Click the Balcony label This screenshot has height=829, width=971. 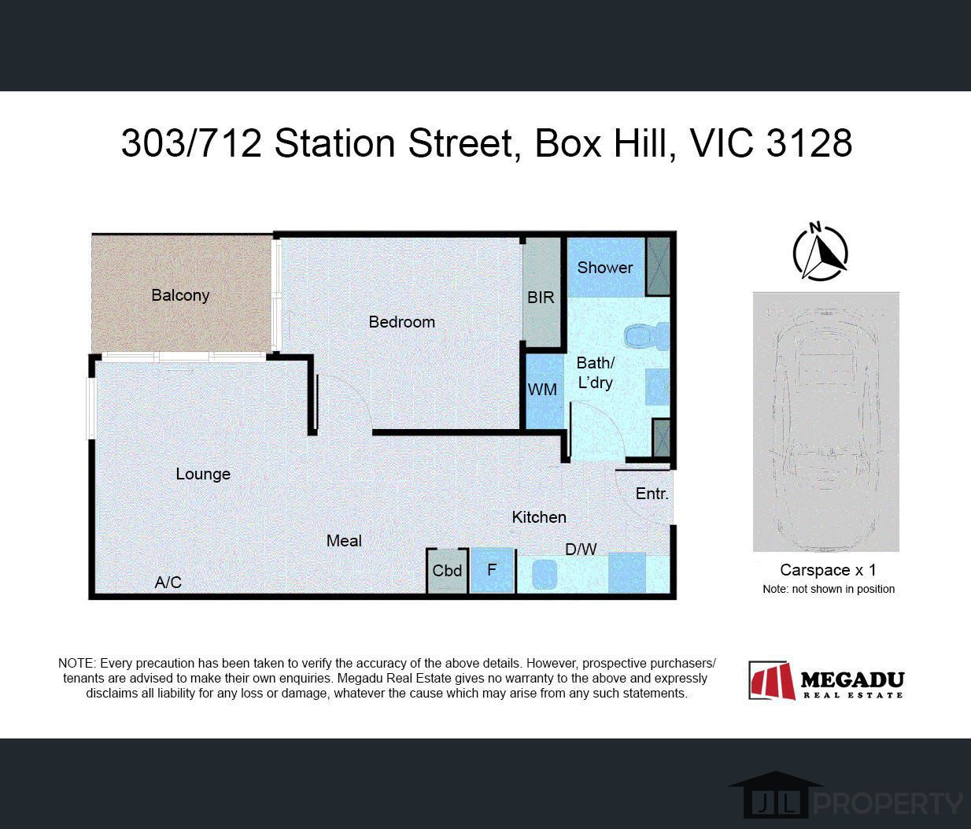click(x=180, y=295)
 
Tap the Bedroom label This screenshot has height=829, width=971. click(x=401, y=322)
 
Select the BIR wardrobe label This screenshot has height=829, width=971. click(x=541, y=298)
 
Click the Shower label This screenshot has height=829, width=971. click(x=604, y=268)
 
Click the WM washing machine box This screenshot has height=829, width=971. click(x=542, y=390)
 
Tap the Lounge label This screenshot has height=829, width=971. click(x=203, y=474)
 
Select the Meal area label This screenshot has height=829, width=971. click(x=344, y=541)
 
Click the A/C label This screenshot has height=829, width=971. click(x=168, y=583)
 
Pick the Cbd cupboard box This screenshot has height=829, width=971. click(x=447, y=571)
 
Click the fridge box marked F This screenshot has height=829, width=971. click(x=492, y=570)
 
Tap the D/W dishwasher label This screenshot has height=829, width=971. click(x=581, y=550)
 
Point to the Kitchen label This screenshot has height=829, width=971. click(x=539, y=517)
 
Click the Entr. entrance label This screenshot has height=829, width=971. click(x=652, y=494)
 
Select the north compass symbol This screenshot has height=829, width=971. click(x=820, y=253)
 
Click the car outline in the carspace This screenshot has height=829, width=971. click(x=825, y=421)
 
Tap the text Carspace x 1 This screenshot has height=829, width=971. click(x=828, y=570)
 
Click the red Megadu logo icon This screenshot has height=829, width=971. click(x=772, y=681)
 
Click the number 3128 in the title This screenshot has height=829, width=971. click(x=808, y=144)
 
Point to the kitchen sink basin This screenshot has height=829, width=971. click(x=545, y=574)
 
